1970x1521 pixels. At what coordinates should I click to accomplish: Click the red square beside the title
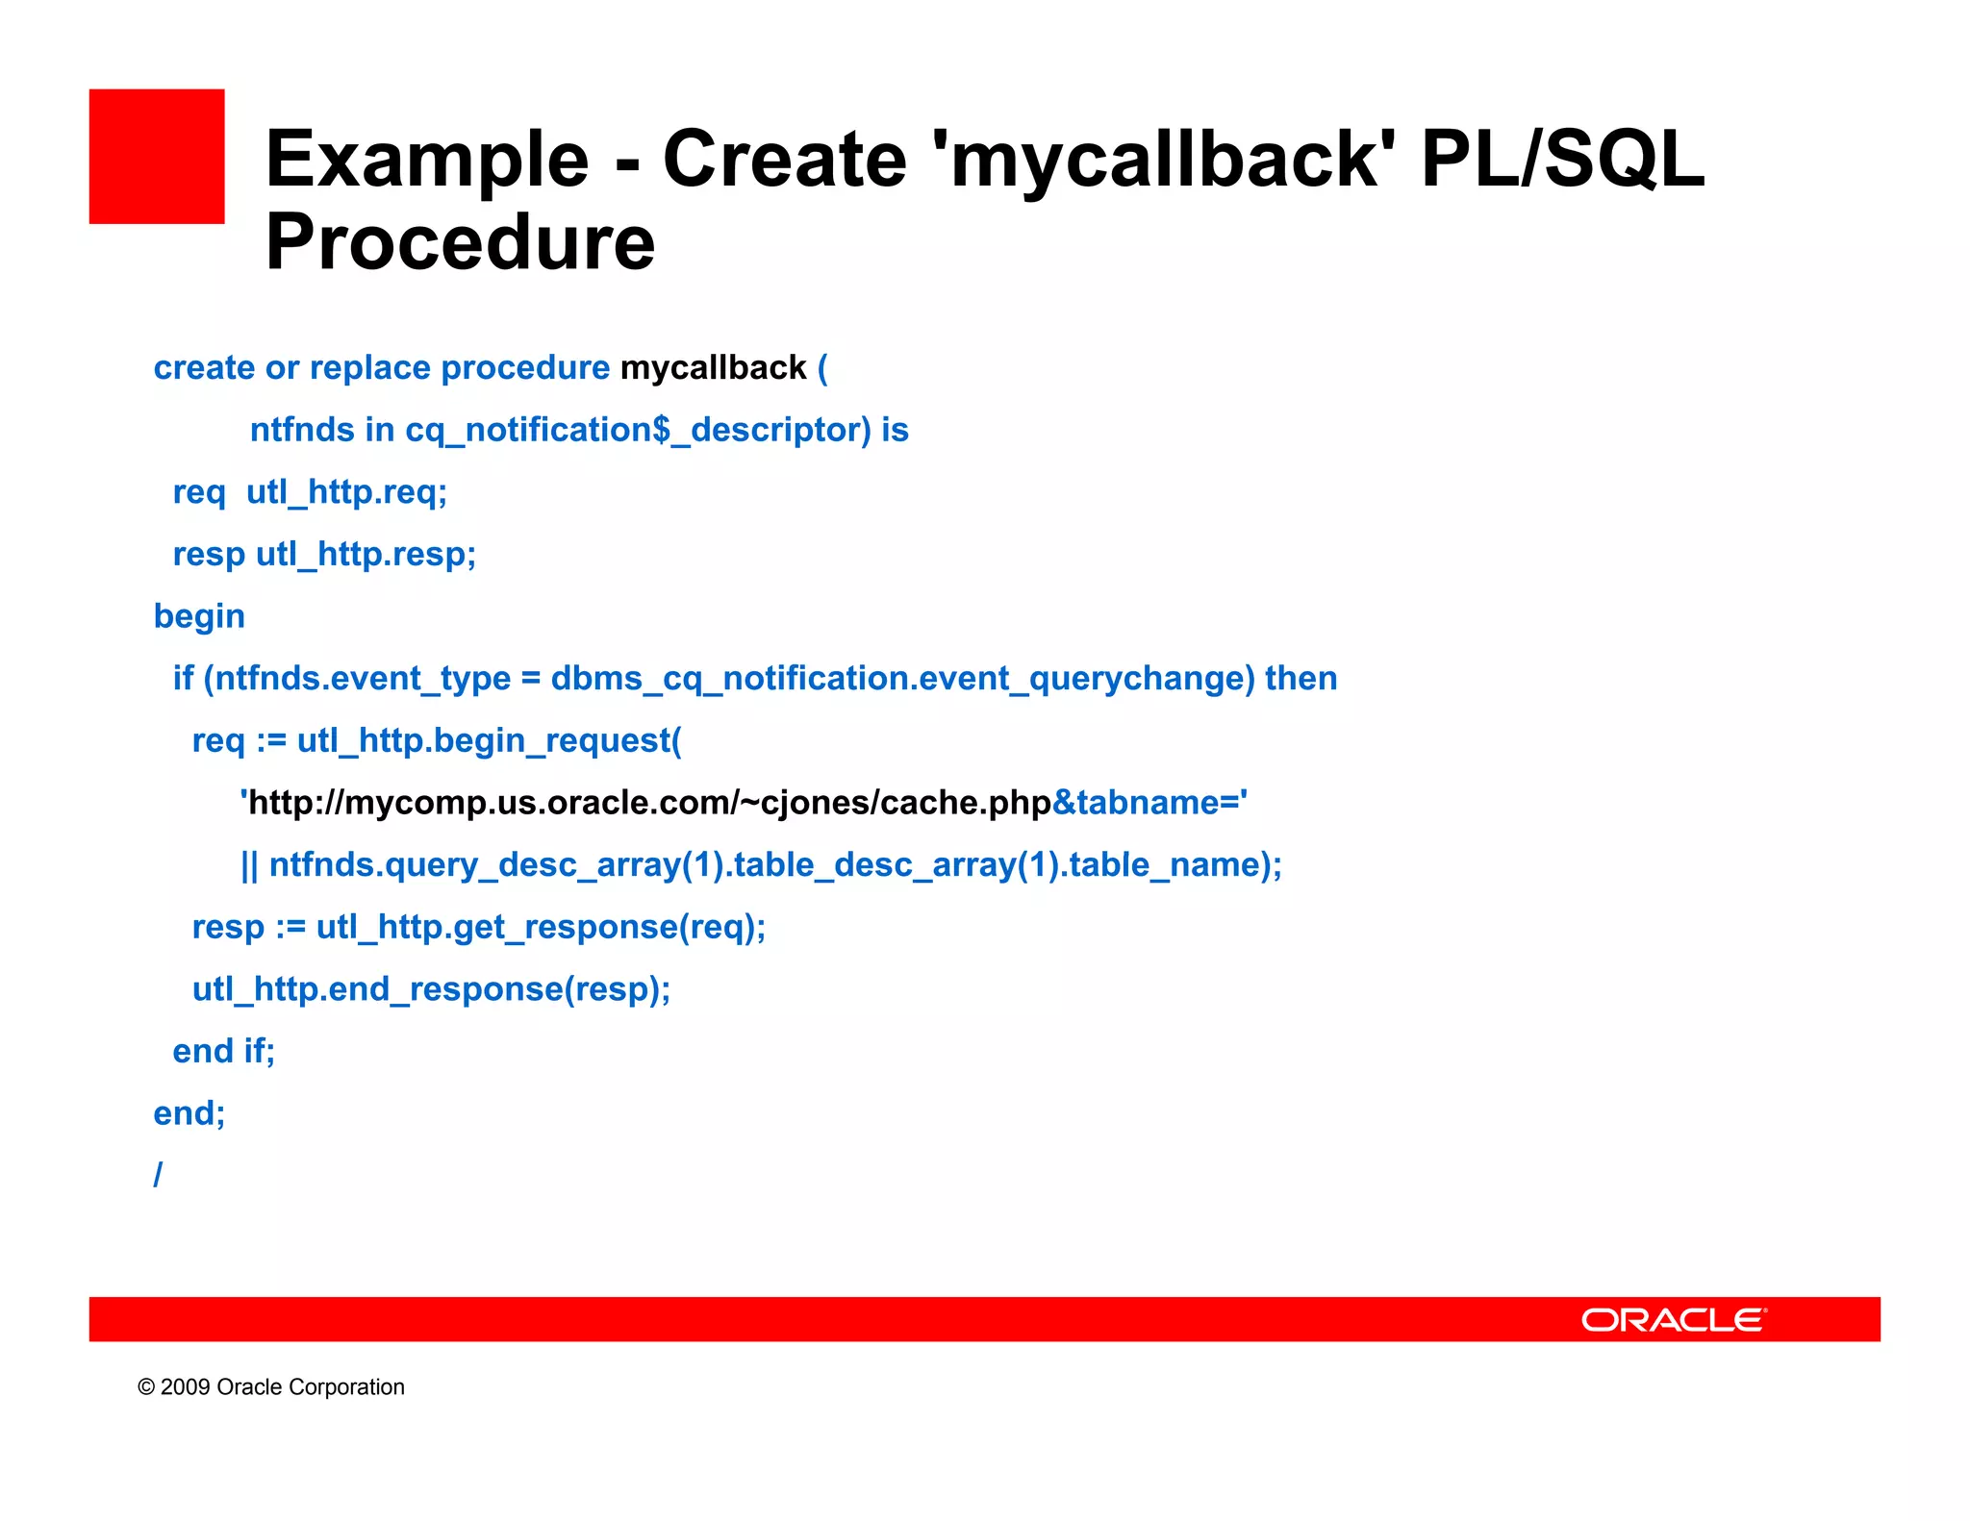pyautogui.click(x=157, y=157)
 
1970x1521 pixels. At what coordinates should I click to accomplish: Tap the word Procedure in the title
pyautogui.click(x=460, y=242)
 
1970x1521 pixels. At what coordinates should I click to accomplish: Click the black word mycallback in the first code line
pyautogui.click(x=713, y=368)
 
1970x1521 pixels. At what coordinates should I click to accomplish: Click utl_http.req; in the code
pyautogui.click(x=346, y=492)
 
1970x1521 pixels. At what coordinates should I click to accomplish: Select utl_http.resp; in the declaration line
pyautogui.click(x=366, y=555)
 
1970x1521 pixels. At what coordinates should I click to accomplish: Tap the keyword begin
pyautogui.click(x=199, y=616)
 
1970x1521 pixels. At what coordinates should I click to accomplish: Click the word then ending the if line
pyautogui.click(x=1301, y=679)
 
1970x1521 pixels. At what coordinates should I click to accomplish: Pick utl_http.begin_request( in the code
pyautogui.click(x=489, y=740)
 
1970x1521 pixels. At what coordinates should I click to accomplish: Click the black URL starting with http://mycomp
pyautogui.click(x=649, y=803)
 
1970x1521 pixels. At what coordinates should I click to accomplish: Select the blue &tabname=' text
pyautogui.click(x=1149, y=803)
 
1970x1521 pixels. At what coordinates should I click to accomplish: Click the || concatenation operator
pyautogui.click(x=249, y=865)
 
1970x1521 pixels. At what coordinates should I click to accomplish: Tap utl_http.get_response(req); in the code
pyautogui.click(x=541, y=927)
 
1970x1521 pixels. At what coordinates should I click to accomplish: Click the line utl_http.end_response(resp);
pyautogui.click(x=431, y=989)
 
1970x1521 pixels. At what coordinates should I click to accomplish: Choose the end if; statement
pyautogui.click(x=223, y=1051)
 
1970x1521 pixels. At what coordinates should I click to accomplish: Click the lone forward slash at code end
pyautogui.click(x=158, y=1174)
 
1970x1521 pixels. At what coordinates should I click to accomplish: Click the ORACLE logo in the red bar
pyautogui.click(x=1673, y=1319)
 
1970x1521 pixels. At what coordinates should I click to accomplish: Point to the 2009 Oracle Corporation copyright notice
pyautogui.click(x=271, y=1386)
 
